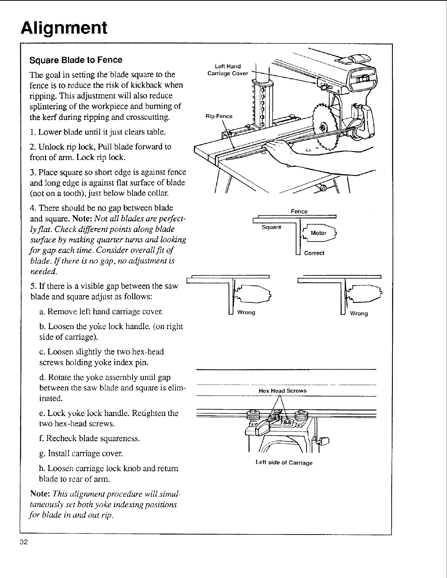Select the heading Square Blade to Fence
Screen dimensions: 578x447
tap(76, 60)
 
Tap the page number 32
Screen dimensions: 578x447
tap(24, 542)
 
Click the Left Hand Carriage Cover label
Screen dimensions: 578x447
tap(228, 70)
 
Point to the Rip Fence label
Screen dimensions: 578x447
tap(219, 117)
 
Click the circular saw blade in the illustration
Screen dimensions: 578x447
tap(322, 128)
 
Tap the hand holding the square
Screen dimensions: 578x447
tap(278, 148)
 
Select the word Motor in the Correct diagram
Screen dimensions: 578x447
tap(318, 233)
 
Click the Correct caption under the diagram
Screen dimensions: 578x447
tap(314, 253)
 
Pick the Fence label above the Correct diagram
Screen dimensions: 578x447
tap(299, 212)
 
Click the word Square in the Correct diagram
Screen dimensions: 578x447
tap(271, 227)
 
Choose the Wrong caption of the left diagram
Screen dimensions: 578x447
tap(246, 313)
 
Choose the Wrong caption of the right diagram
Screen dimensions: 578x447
tap(358, 313)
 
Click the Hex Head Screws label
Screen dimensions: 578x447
tap(282, 391)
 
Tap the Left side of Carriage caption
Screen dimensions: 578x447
tap(284, 463)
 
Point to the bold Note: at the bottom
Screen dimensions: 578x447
tap(40, 494)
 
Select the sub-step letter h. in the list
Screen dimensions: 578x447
tap(42, 468)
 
